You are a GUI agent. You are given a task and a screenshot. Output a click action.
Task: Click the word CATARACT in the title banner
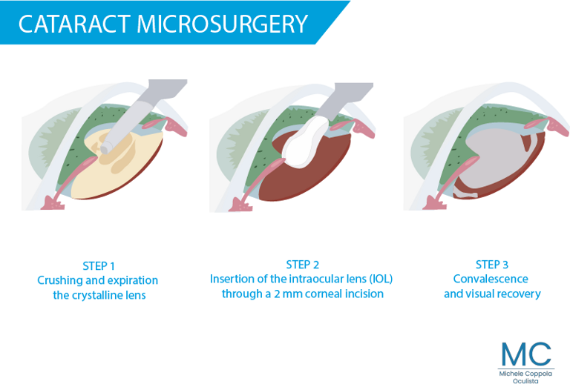pyautogui.click(x=74, y=24)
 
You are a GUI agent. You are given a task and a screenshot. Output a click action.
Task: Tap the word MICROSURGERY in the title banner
pyautogui.click(x=223, y=24)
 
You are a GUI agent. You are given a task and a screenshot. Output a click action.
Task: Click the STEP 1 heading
pyautogui.click(x=99, y=266)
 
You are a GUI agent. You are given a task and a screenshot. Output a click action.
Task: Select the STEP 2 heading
pyautogui.click(x=303, y=265)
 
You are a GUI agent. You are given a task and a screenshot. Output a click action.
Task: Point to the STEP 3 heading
pyautogui.click(x=492, y=265)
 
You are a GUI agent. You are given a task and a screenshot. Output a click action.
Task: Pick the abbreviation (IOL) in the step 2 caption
pyautogui.click(x=381, y=279)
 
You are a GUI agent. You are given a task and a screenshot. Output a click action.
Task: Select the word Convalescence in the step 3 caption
pyautogui.click(x=491, y=279)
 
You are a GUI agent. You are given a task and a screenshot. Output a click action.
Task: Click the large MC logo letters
pyautogui.click(x=526, y=354)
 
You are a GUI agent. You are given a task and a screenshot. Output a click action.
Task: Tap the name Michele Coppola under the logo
pyautogui.click(x=525, y=374)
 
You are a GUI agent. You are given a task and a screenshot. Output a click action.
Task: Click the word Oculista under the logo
pyautogui.click(x=525, y=381)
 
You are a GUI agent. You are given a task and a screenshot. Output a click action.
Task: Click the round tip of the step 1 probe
pyautogui.click(x=106, y=148)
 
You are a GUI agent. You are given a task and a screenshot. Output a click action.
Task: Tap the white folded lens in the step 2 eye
pyautogui.click(x=304, y=142)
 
